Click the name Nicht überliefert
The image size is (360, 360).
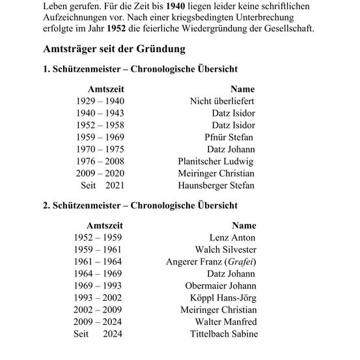(x=222, y=101)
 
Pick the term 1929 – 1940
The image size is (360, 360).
(x=100, y=101)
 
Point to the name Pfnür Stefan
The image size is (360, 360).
(x=228, y=137)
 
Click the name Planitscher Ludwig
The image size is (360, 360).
(x=215, y=161)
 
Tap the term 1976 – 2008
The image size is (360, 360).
(x=100, y=161)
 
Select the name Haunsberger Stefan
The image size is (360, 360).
(x=216, y=186)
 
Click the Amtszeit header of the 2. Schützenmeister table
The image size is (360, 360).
(x=96, y=225)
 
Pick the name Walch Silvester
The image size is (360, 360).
(x=226, y=249)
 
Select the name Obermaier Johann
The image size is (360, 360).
(x=221, y=286)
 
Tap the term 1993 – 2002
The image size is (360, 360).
(x=98, y=298)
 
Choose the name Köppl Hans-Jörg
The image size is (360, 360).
(x=223, y=298)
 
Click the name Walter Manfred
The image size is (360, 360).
(x=226, y=322)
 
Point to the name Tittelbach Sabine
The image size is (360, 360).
(x=222, y=334)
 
